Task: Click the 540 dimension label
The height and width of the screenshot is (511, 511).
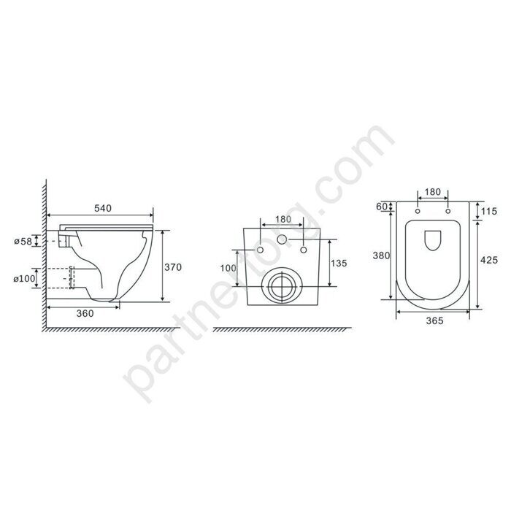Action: click(x=103, y=208)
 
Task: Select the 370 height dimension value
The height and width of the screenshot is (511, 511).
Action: click(x=173, y=267)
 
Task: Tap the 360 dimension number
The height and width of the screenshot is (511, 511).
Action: click(x=85, y=313)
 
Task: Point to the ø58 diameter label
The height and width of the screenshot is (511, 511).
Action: click(x=23, y=242)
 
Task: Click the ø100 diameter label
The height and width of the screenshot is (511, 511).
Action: click(x=24, y=279)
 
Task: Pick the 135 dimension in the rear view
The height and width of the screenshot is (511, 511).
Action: click(x=339, y=263)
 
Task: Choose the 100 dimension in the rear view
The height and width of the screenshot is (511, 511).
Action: click(x=228, y=268)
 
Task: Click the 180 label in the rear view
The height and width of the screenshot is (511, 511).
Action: click(x=283, y=219)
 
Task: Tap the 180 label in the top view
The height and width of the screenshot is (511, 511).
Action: click(x=433, y=192)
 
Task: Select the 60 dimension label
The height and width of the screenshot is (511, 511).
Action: click(x=382, y=207)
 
